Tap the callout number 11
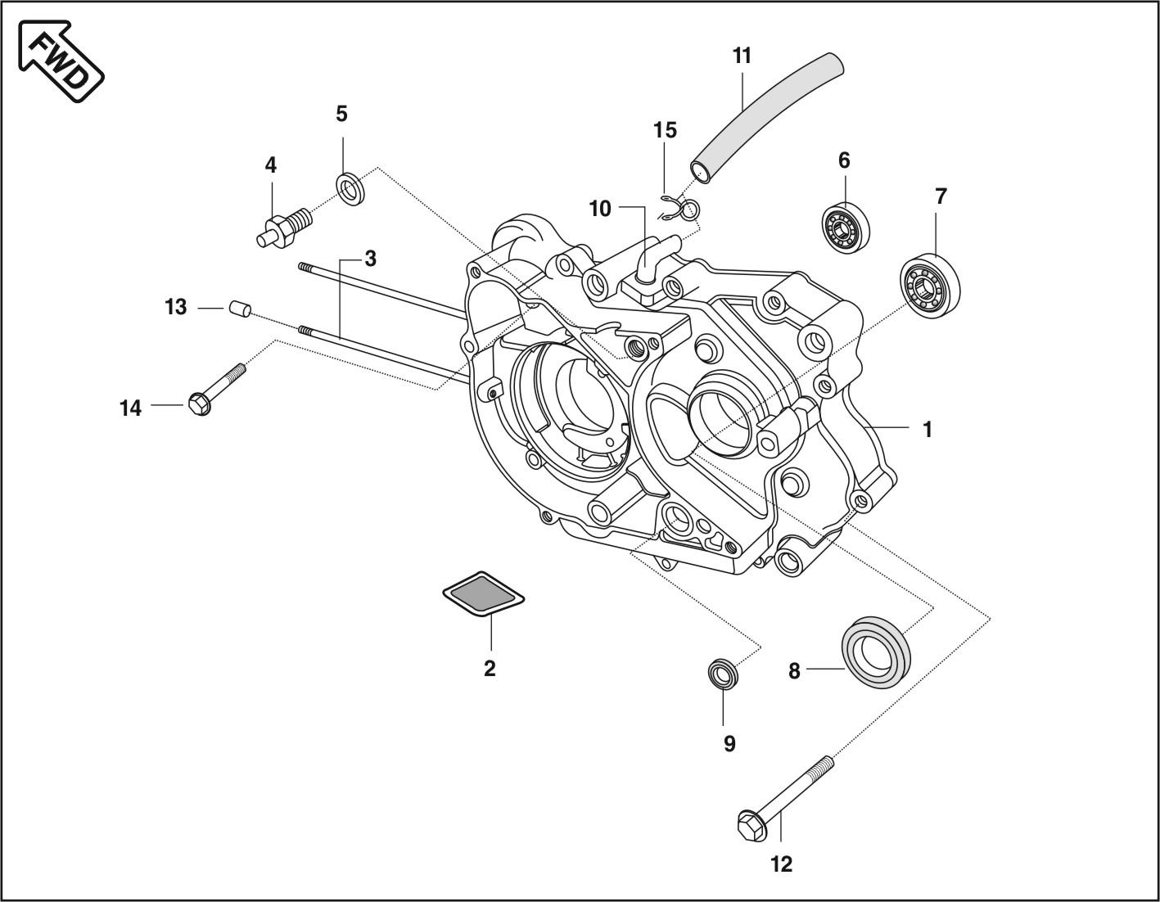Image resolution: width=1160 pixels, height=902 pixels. click(742, 56)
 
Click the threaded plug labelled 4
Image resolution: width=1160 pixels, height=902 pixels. click(282, 225)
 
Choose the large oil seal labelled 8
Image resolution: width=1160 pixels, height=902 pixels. click(878, 652)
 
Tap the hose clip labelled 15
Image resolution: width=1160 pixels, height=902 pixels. click(679, 207)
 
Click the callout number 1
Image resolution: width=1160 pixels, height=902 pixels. click(927, 429)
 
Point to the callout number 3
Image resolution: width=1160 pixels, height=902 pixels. click(370, 259)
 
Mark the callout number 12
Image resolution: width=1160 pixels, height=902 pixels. click(782, 864)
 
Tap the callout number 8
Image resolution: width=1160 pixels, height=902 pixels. click(794, 671)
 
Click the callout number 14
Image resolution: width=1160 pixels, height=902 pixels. click(131, 408)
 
